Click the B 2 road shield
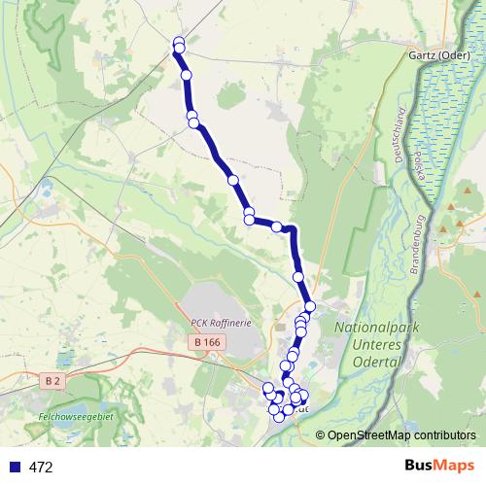coord(53,382)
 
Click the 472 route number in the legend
coord(41,468)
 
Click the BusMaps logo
coord(438,467)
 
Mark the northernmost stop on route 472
coord(179,42)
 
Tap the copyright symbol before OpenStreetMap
coord(320,436)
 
